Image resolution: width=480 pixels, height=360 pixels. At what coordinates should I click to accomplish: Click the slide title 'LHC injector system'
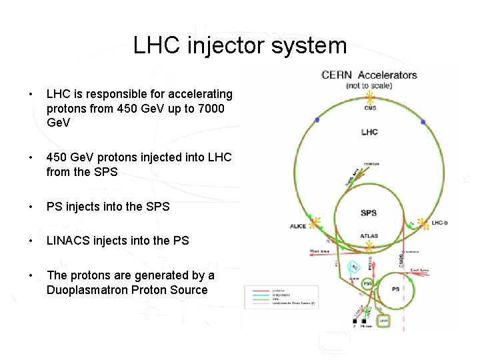click(x=240, y=45)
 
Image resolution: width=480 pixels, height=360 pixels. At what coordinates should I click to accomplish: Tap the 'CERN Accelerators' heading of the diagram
click(x=369, y=75)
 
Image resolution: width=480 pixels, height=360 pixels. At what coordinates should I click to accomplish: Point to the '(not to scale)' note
click(x=369, y=85)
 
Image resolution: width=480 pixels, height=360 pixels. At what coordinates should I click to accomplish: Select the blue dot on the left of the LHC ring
click(x=317, y=120)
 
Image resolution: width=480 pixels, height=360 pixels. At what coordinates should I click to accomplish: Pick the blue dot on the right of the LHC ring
click(x=423, y=121)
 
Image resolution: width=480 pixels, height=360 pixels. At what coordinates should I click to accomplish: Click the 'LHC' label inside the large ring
click(x=369, y=132)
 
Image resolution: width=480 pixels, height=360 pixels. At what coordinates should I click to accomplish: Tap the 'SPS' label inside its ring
click(x=369, y=213)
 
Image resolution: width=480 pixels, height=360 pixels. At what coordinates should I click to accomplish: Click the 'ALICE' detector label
click(x=298, y=227)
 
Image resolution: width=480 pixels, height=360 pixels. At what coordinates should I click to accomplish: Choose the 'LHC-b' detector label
click(x=440, y=223)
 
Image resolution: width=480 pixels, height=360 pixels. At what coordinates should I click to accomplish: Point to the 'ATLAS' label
click(x=369, y=235)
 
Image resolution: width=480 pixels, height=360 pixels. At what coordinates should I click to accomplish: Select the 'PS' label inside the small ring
click(x=396, y=289)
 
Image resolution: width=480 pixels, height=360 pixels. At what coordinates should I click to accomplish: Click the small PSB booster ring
click(x=367, y=283)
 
